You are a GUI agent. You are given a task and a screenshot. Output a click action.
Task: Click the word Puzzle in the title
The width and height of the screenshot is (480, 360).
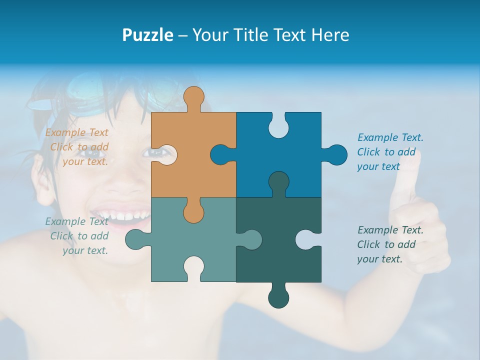click(x=147, y=35)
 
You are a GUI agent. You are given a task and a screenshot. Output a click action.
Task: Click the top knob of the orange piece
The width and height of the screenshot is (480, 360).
click(x=193, y=98)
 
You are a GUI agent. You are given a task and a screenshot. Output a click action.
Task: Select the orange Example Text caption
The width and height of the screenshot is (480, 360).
click(x=77, y=147)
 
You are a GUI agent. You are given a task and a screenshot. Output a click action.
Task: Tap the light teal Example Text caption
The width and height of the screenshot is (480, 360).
click(x=77, y=236)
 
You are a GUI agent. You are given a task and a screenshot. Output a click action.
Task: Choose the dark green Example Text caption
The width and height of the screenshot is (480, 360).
click(x=390, y=244)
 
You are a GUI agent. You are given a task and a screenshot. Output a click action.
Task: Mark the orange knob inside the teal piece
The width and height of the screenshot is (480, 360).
click(x=193, y=212)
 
